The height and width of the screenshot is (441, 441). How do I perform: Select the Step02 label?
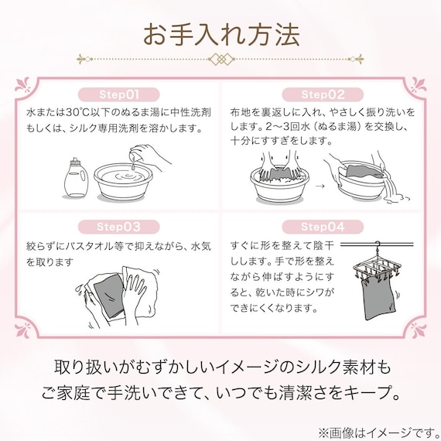[x=322, y=95]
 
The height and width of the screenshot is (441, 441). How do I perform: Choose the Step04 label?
[x=322, y=228]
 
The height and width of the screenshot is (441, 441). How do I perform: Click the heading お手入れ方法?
[x=220, y=34]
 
